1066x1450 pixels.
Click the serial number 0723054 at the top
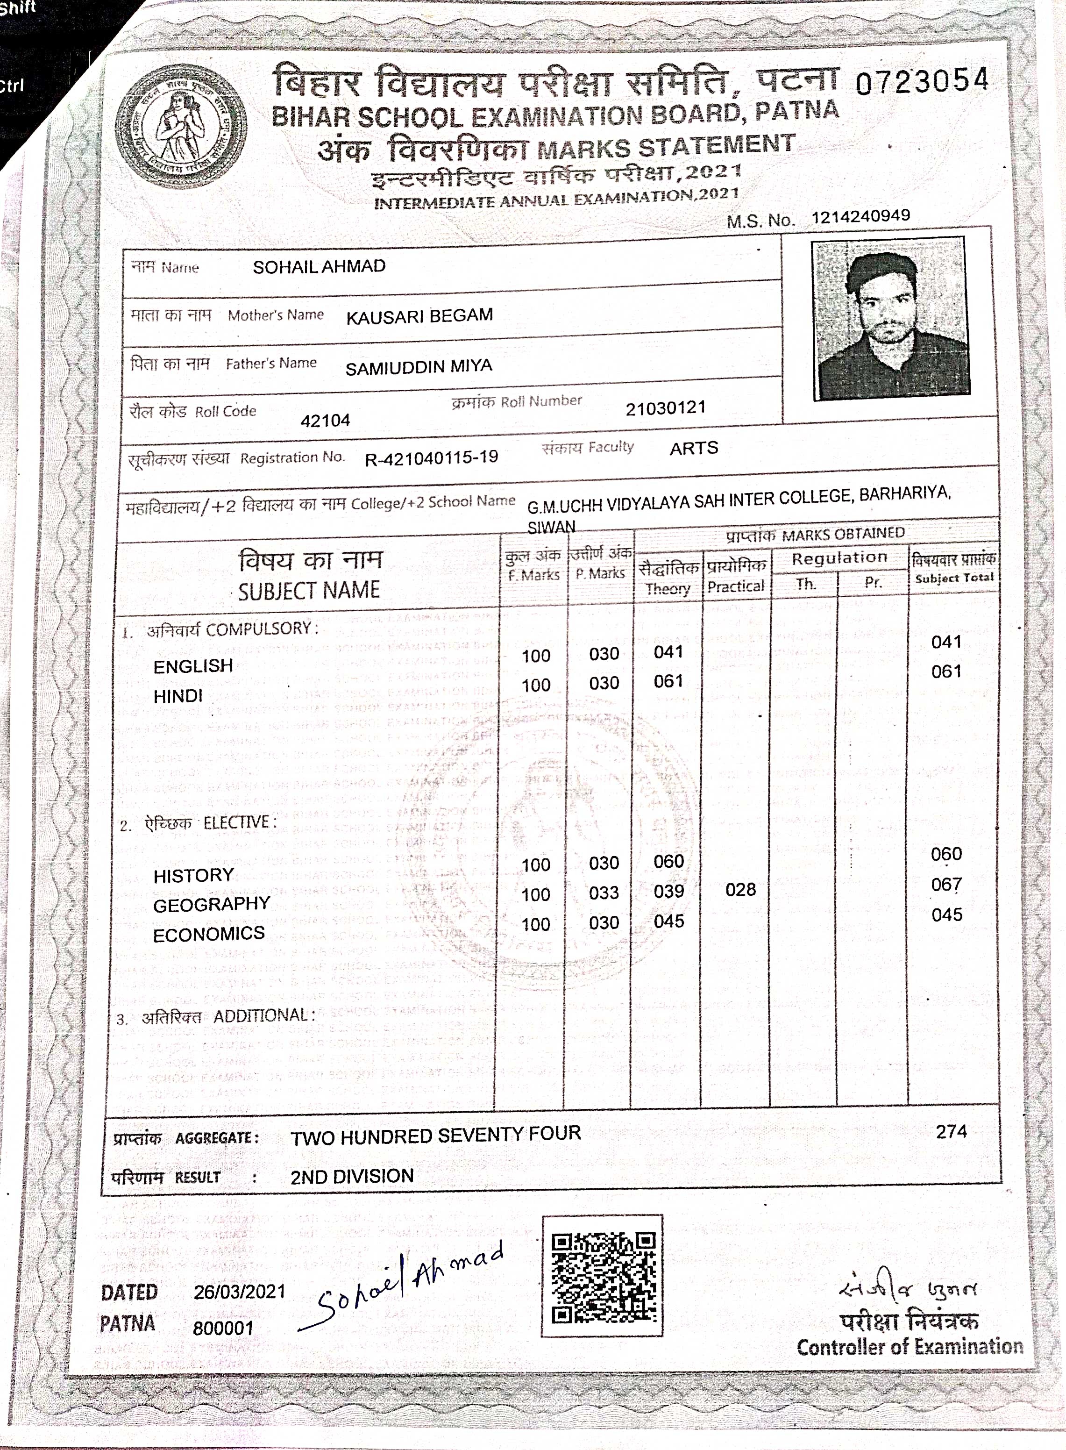point(922,81)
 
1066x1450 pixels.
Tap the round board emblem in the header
point(183,128)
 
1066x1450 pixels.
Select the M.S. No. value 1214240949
point(861,216)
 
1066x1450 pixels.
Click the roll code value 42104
point(325,421)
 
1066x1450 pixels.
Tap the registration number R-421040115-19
point(432,457)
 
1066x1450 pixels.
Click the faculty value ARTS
point(694,449)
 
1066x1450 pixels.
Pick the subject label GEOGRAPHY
point(212,904)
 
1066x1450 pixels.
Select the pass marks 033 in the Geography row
point(604,893)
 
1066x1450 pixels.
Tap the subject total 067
point(946,885)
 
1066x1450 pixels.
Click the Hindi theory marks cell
point(668,681)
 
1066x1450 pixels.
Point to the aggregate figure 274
point(951,1132)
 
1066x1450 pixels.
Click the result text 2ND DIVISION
point(352,1176)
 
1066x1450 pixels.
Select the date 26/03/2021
point(239,1291)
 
